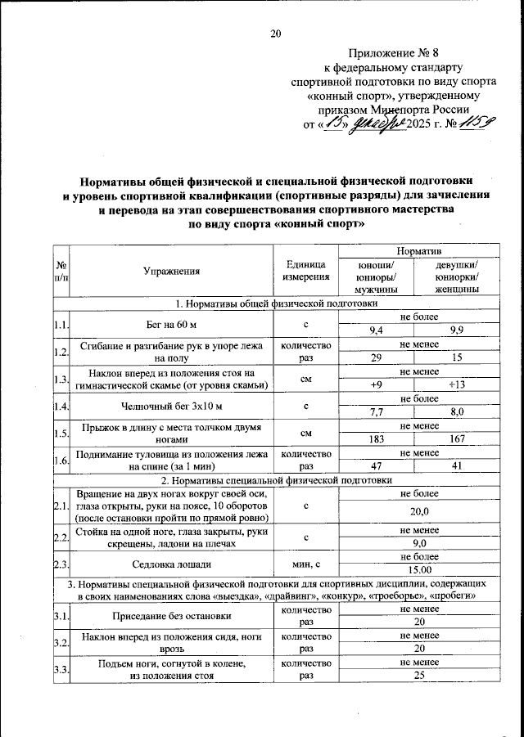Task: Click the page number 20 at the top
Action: [x=275, y=34]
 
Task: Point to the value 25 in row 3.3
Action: [x=418, y=676]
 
